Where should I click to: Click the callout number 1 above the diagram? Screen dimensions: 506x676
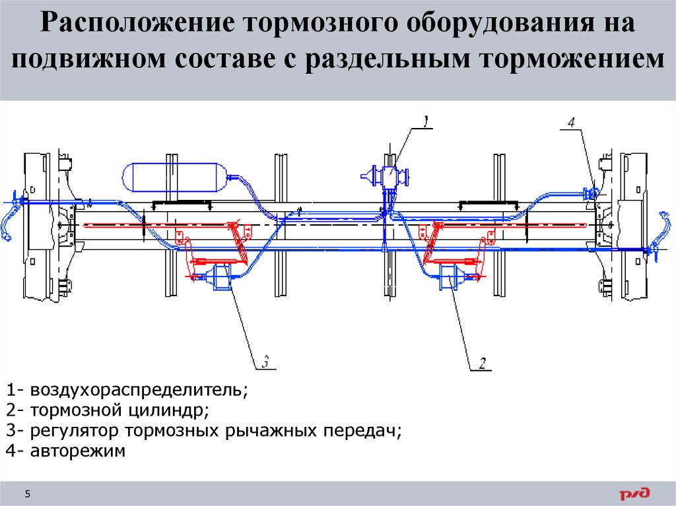click(x=426, y=121)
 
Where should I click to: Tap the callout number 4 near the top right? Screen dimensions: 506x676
click(x=571, y=122)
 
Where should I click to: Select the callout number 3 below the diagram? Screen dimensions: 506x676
click(x=265, y=362)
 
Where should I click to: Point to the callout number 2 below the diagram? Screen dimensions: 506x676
click(x=483, y=362)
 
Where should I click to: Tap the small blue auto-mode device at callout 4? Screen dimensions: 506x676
click(x=591, y=193)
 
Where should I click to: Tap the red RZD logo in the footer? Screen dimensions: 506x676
click(x=634, y=492)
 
